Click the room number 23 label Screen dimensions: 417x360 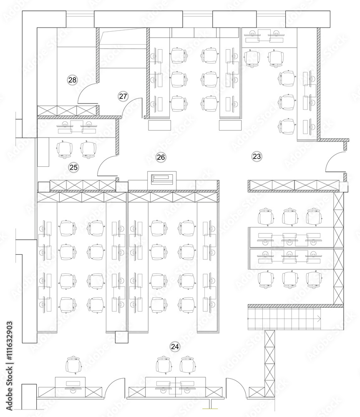[x=257, y=156]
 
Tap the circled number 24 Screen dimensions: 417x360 [x=175, y=347]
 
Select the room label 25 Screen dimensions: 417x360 [x=73, y=167]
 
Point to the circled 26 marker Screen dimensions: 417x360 [x=161, y=157]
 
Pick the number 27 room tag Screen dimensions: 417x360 [x=123, y=96]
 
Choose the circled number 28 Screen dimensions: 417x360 [x=73, y=80]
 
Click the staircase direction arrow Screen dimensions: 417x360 [x=319, y=319]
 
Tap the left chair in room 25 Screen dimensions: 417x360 [x=65, y=150]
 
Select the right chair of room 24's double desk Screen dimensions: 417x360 [x=187, y=365]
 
